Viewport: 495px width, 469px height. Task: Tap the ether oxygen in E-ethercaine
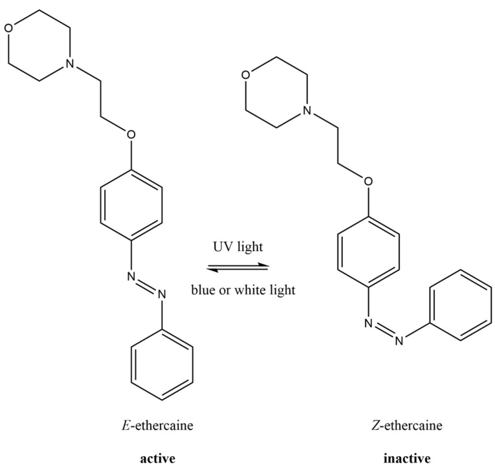(132, 135)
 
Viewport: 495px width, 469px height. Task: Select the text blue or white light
(243, 290)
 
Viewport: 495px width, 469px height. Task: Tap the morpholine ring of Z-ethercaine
(274, 94)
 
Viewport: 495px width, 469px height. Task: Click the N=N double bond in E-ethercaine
(147, 286)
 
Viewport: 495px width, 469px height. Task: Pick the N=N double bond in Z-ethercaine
(384, 331)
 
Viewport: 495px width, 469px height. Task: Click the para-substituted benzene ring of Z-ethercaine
(368, 251)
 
